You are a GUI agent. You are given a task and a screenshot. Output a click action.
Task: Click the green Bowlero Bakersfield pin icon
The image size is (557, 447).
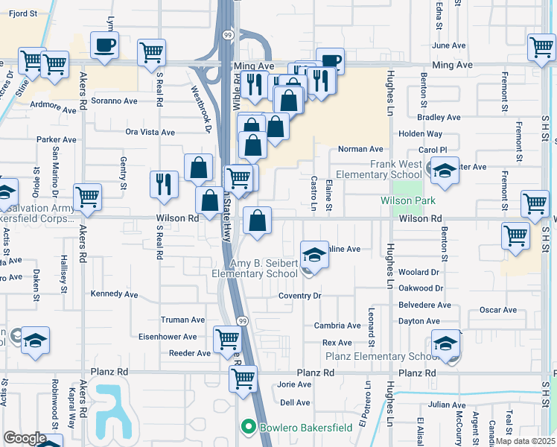click(248, 427)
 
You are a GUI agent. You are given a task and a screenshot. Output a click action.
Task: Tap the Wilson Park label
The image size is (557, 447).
click(407, 200)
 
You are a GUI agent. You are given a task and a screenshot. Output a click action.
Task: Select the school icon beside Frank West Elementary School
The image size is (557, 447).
click(445, 172)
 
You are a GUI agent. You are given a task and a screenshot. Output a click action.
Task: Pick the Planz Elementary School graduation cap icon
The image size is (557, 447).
click(445, 343)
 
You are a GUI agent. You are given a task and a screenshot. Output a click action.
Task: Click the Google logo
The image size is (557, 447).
click(25, 437)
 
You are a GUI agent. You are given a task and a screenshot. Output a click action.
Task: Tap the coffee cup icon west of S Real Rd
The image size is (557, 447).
click(104, 45)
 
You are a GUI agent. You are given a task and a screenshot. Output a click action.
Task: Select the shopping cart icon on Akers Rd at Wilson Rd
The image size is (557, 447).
click(87, 197)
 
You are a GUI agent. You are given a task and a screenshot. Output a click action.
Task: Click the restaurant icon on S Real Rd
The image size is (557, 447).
click(164, 184)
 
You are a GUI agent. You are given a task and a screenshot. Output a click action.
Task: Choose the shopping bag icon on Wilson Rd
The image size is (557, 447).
click(257, 221)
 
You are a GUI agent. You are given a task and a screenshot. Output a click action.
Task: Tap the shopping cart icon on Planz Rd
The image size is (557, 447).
click(243, 379)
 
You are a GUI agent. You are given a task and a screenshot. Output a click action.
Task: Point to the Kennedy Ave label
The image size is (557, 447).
click(114, 294)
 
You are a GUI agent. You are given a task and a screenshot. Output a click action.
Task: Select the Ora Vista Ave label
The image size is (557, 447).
click(150, 133)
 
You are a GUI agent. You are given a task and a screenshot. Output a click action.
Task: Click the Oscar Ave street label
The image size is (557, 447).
click(499, 310)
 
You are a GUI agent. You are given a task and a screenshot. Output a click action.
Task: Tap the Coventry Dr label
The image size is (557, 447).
click(299, 296)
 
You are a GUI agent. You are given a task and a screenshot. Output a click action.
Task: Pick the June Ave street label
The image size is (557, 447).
click(448, 45)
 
